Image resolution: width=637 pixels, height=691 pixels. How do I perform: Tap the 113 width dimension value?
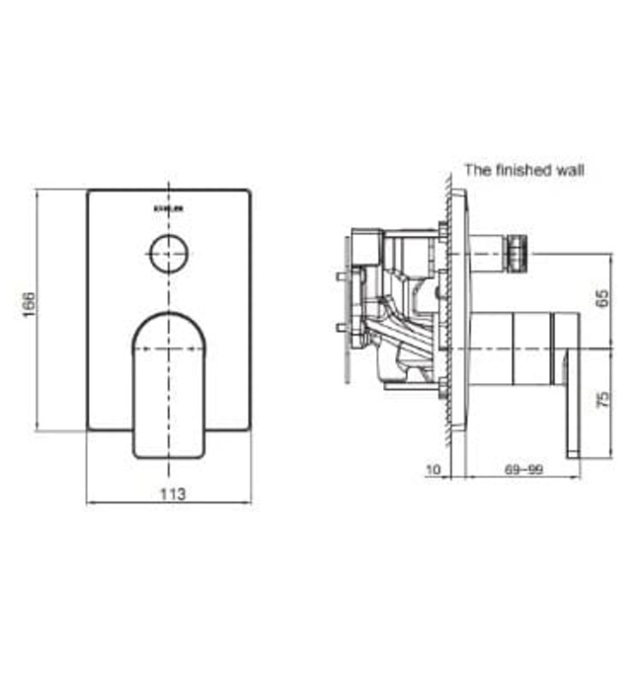[170, 493]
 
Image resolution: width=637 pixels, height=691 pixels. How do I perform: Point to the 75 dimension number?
[603, 399]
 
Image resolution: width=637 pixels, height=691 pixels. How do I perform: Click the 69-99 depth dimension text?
[523, 470]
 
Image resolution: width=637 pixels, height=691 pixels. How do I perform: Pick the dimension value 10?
[434, 470]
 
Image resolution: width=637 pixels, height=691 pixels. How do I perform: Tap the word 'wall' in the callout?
[571, 170]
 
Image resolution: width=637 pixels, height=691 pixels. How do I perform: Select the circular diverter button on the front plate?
[169, 255]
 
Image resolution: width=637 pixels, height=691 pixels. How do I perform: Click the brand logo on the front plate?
[169, 207]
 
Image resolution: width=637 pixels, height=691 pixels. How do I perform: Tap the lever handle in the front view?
[169, 385]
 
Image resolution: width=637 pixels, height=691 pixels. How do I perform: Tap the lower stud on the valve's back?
[342, 327]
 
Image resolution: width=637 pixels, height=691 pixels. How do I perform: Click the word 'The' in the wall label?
[478, 170]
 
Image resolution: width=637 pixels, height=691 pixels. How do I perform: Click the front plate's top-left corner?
[89, 192]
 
